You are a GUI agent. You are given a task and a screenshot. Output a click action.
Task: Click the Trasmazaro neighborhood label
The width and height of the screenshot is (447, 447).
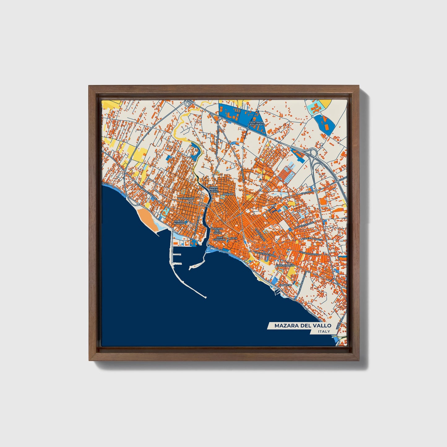point(186,198)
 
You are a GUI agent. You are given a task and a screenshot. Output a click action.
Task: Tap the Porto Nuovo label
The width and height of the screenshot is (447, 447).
point(179,222)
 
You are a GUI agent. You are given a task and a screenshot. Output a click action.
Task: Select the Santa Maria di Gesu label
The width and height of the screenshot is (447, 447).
point(214,190)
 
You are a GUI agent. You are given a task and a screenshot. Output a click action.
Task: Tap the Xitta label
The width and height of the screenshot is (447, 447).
point(234,238)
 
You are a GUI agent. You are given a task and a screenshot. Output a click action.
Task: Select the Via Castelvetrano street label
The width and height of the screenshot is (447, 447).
point(264,253)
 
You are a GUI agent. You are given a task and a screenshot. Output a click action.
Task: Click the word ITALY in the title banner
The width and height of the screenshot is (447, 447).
point(324,331)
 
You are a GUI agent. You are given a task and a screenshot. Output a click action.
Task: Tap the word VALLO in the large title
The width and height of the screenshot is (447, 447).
point(322,325)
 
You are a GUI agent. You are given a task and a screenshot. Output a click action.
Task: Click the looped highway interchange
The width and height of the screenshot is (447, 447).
point(313,152)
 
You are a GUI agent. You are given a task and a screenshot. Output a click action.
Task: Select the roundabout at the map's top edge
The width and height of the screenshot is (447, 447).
point(188,104)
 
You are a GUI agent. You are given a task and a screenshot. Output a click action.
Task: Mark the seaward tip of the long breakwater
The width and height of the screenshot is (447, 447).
point(206,298)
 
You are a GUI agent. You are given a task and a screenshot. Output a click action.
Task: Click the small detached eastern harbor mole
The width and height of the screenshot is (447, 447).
point(196,265)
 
